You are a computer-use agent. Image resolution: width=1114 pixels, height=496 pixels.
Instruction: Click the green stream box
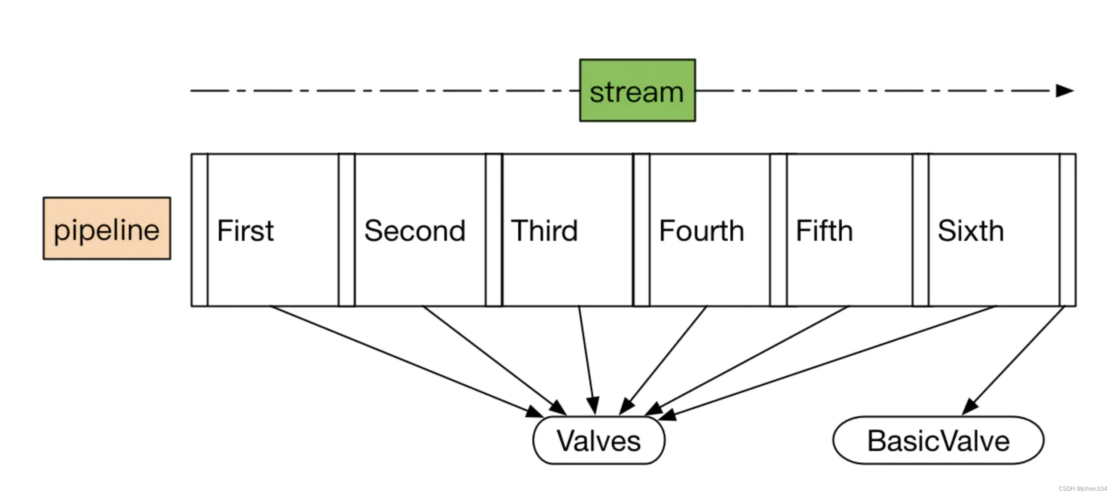point(637,90)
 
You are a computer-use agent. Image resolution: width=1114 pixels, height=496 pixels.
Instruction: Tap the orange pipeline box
point(106,228)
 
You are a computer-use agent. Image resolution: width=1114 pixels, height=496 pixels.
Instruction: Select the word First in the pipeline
point(245,231)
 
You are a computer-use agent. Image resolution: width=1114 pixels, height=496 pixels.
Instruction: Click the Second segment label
point(414,231)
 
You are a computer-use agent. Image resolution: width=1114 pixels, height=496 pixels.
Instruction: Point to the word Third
point(544,231)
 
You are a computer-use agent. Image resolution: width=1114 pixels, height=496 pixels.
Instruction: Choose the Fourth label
point(701,231)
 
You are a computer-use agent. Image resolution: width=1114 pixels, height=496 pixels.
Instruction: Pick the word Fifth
point(824,231)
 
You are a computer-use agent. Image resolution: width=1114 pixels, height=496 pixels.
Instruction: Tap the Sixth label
point(971,231)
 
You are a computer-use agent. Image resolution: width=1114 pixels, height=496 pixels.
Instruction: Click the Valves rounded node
point(598,441)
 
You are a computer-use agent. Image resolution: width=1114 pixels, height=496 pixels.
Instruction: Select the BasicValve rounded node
point(938,441)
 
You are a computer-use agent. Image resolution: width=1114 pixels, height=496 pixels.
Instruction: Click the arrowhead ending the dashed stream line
point(1065,90)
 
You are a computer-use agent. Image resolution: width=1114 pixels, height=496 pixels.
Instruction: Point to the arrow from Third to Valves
point(586,356)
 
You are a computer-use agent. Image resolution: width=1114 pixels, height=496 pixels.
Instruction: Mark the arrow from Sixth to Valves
point(829,362)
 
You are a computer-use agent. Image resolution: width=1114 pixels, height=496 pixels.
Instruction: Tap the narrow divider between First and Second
point(346,230)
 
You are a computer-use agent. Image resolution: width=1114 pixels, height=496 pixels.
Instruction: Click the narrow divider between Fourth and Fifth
point(778,230)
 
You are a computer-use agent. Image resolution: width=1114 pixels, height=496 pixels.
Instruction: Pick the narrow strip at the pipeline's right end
point(1067,230)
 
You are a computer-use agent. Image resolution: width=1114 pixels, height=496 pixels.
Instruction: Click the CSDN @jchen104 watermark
point(1082,488)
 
